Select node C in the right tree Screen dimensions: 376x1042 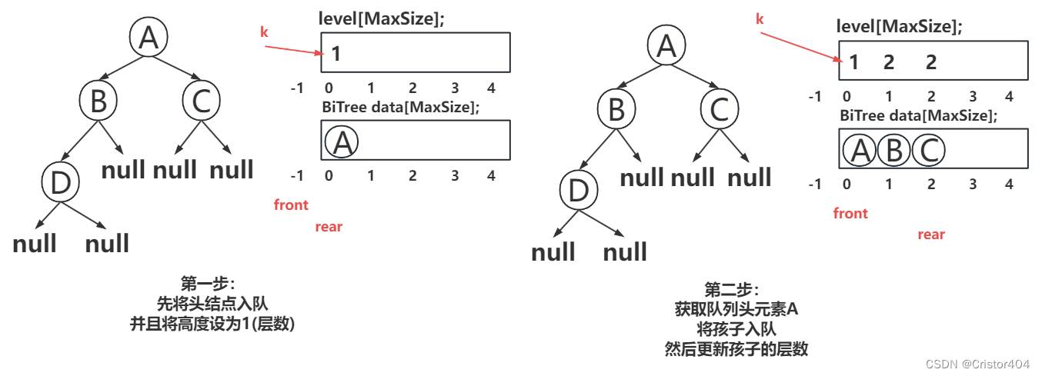719,109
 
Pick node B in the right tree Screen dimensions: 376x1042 616,109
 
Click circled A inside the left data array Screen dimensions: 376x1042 342,141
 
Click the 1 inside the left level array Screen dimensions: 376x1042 336,54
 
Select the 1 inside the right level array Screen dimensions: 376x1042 853,62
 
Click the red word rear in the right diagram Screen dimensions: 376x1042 930,235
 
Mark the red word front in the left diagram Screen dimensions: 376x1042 291,205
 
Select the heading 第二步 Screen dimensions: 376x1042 731,291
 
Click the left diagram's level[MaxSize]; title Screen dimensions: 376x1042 382,20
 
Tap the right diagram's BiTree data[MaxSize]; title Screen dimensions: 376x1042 919,116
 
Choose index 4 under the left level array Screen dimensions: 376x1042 491,88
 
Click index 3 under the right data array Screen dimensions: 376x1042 973,185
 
